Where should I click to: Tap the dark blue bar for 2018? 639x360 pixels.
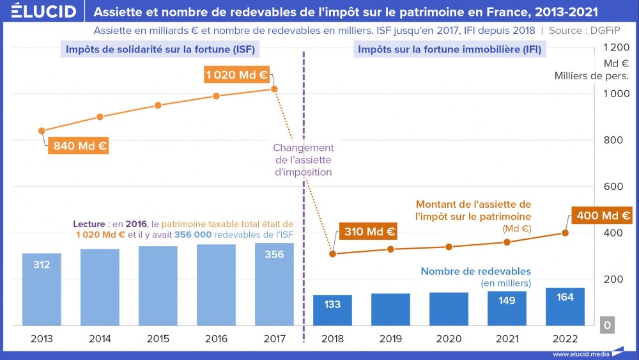coord(332,310)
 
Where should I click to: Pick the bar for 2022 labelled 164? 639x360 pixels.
coord(565,306)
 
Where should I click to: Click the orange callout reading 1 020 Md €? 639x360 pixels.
coord(236,75)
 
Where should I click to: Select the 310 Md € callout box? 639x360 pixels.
coord(369,231)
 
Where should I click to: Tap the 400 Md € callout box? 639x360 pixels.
coord(603,216)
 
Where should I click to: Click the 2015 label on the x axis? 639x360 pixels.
coord(158,339)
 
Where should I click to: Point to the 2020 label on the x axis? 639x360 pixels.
coord(449,339)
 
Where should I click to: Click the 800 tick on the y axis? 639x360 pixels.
coord(618,140)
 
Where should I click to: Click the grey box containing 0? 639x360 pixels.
coord(607,325)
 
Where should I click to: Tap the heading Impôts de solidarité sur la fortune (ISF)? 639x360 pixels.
coord(163,49)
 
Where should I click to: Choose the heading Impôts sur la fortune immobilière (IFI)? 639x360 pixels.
coord(449,49)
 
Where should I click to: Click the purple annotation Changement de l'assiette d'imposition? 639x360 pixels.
coord(303,160)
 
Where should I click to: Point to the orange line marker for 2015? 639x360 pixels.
coord(158,106)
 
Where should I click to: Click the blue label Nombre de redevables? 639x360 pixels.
coord(475,271)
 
